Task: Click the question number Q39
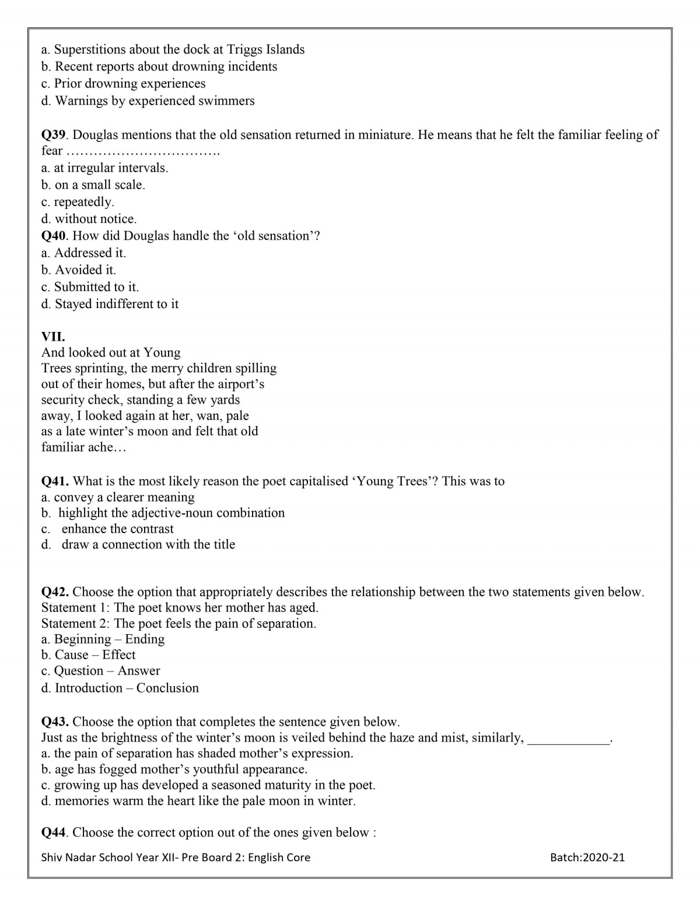point(54,135)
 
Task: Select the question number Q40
point(54,236)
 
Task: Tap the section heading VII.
point(53,337)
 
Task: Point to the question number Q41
point(55,481)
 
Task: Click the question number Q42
point(55,592)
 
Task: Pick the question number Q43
point(55,722)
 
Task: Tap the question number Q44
point(54,832)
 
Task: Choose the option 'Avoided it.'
point(85,270)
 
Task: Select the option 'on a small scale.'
point(100,185)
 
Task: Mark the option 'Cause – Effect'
point(94,655)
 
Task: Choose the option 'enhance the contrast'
point(117,529)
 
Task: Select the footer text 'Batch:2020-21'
point(587,858)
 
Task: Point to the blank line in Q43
point(568,739)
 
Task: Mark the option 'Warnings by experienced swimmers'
point(155,101)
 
